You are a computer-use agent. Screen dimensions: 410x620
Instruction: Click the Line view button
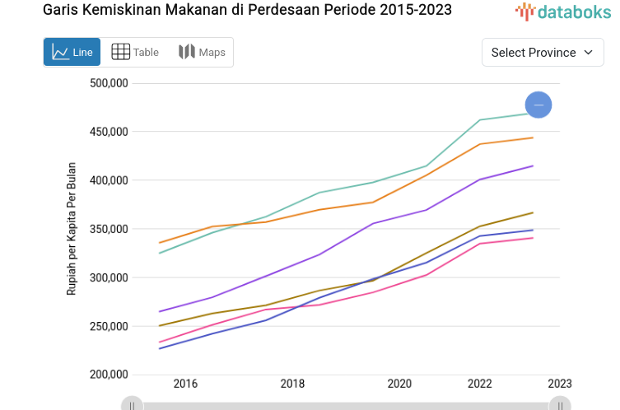click(x=72, y=52)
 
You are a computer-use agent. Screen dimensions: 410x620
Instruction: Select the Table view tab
click(x=135, y=52)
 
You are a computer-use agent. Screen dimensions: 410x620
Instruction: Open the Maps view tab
click(x=202, y=52)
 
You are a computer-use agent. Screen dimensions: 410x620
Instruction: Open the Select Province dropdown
click(x=542, y=52)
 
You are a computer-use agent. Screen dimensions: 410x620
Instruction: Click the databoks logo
click(x=563, y=12)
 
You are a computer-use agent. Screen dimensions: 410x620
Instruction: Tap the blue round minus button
click(x=538, y=105)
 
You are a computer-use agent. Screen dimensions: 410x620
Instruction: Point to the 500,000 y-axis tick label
click(x=107, y=83)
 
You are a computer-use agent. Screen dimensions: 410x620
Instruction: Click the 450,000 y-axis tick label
click(x=107, y=132)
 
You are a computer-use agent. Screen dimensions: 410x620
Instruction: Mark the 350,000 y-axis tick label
click(x=107, y=229)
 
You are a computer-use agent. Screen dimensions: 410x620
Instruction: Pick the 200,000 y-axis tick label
click(x=107, y=375)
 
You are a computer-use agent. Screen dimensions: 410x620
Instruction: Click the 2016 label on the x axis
click(x=185, y=384)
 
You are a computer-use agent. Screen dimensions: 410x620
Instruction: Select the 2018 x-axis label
click(x=292, y=384)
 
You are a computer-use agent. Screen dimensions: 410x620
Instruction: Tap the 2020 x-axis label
click(x=399, y=384)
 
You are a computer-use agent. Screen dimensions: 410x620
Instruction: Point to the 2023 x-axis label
click(x=559, y=384)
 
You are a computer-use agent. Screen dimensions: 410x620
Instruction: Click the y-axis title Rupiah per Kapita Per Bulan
click(x=72, y=229)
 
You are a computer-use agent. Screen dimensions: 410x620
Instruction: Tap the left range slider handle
click(x=132, y=404)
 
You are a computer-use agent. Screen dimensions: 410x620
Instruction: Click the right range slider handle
click(x=560, y=404)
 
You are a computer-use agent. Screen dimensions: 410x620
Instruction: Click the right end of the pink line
click(x=534, y=238)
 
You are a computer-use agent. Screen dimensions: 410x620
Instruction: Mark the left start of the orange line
click(x=159, y=243)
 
